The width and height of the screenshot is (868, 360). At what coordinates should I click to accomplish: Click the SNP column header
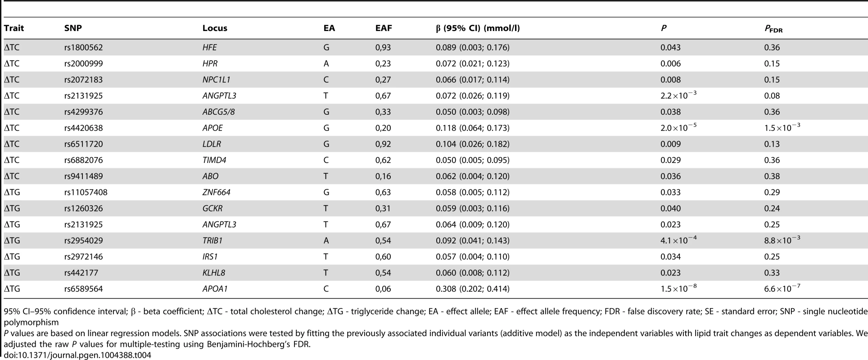tap(73, 28)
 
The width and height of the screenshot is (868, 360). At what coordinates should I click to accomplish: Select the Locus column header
tap(215, 28)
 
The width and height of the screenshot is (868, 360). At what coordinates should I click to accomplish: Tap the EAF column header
tap(384, 28)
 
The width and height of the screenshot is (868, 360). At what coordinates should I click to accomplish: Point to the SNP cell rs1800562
tap(84, 47)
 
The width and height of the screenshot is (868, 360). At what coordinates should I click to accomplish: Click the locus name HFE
tap(210, 47)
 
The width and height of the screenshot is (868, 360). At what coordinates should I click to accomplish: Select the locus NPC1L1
tap(217, 80)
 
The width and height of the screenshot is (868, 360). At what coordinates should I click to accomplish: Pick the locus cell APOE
tap(212, 128)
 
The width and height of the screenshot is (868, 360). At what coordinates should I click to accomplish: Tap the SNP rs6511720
tap(84, 144)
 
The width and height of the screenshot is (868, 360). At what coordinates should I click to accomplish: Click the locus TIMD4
tap(214, 160)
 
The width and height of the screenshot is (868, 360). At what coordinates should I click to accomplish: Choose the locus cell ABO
tap(210, 176)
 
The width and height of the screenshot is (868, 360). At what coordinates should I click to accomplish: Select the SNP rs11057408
tap(86, 193)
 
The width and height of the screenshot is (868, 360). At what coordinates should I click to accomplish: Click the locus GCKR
tap(212, 209)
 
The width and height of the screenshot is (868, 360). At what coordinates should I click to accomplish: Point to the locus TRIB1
tap(212, 241)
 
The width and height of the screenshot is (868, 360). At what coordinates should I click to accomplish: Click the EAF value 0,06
tap(383, 289)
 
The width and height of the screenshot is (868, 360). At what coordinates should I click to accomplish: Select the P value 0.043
tap(671, 47)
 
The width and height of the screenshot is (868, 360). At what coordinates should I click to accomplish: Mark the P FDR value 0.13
tap(772, 144)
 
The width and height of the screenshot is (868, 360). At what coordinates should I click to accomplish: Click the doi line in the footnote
tap(77, 355)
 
